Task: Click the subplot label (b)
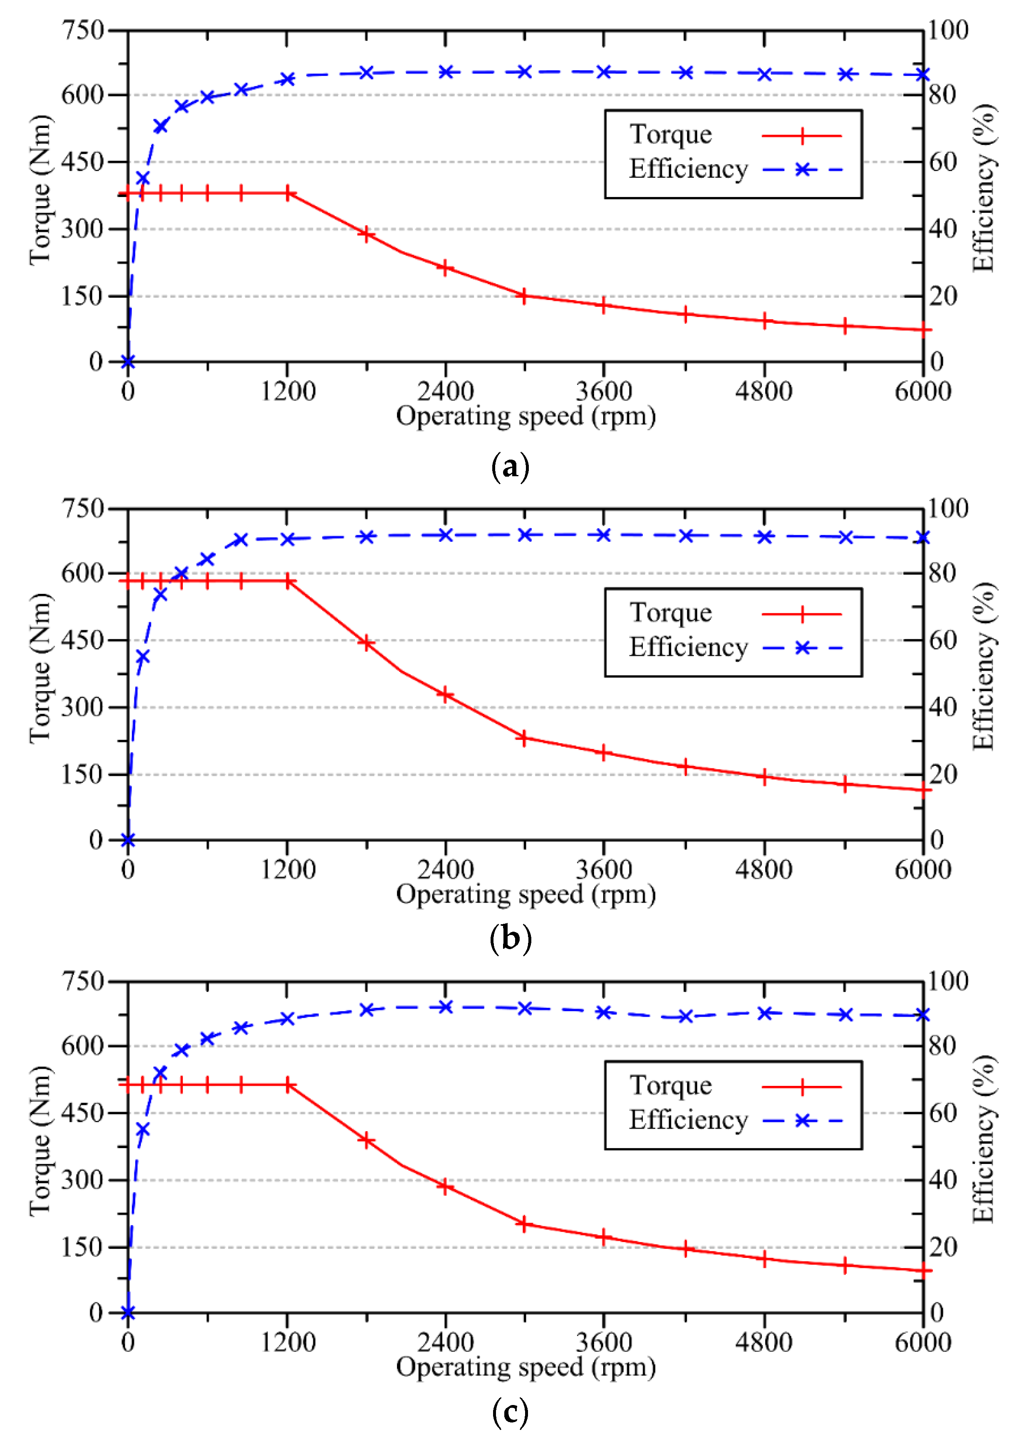pyautogui.click(x=510, y=939)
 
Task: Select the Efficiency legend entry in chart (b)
pyautogui.click(x=688, y=647)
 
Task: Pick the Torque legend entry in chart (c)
pyautogui.click(x=671, y=1086)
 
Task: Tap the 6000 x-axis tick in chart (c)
pyautogui.click(x=922, y=1343)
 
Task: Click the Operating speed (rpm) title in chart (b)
pyautogui.click(x=526, y=894)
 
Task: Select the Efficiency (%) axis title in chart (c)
pyautogui.click(x=983, y=1140)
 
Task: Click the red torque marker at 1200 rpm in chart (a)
pyautogui.click(x=288, y=193)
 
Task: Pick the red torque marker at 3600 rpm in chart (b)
pyautogui.click(x=604, y=753)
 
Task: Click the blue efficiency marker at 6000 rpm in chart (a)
pyautogui.click(x=922, y=75)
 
